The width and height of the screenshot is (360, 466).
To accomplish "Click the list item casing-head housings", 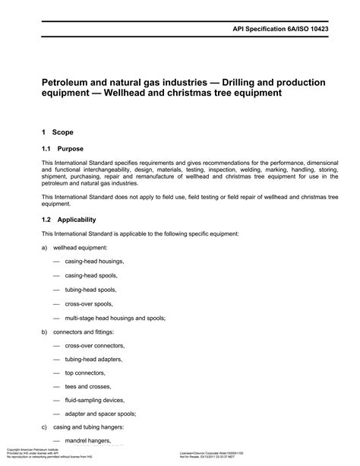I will [x=94, y=261].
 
